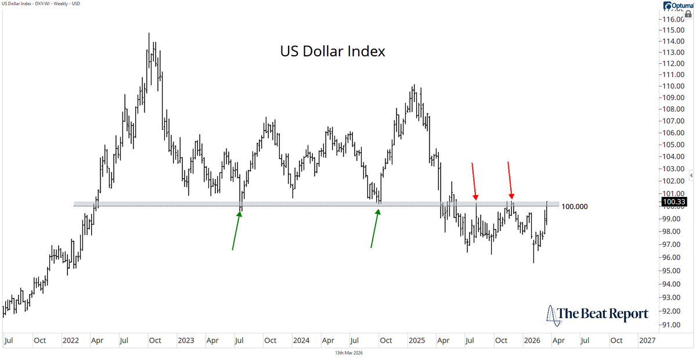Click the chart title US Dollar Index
tap(333, 52)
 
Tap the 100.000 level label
tap(576, 207)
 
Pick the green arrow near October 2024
tap(375, 228)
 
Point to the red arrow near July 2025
tap(474, 180)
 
